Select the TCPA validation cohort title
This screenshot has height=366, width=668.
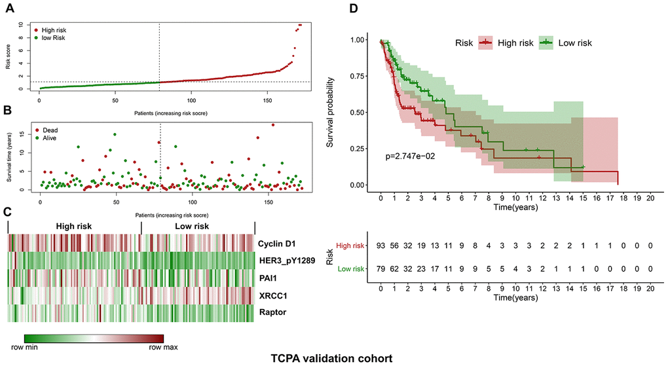(x=335, y=358)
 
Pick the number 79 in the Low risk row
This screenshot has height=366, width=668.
(x=380, y=268)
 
